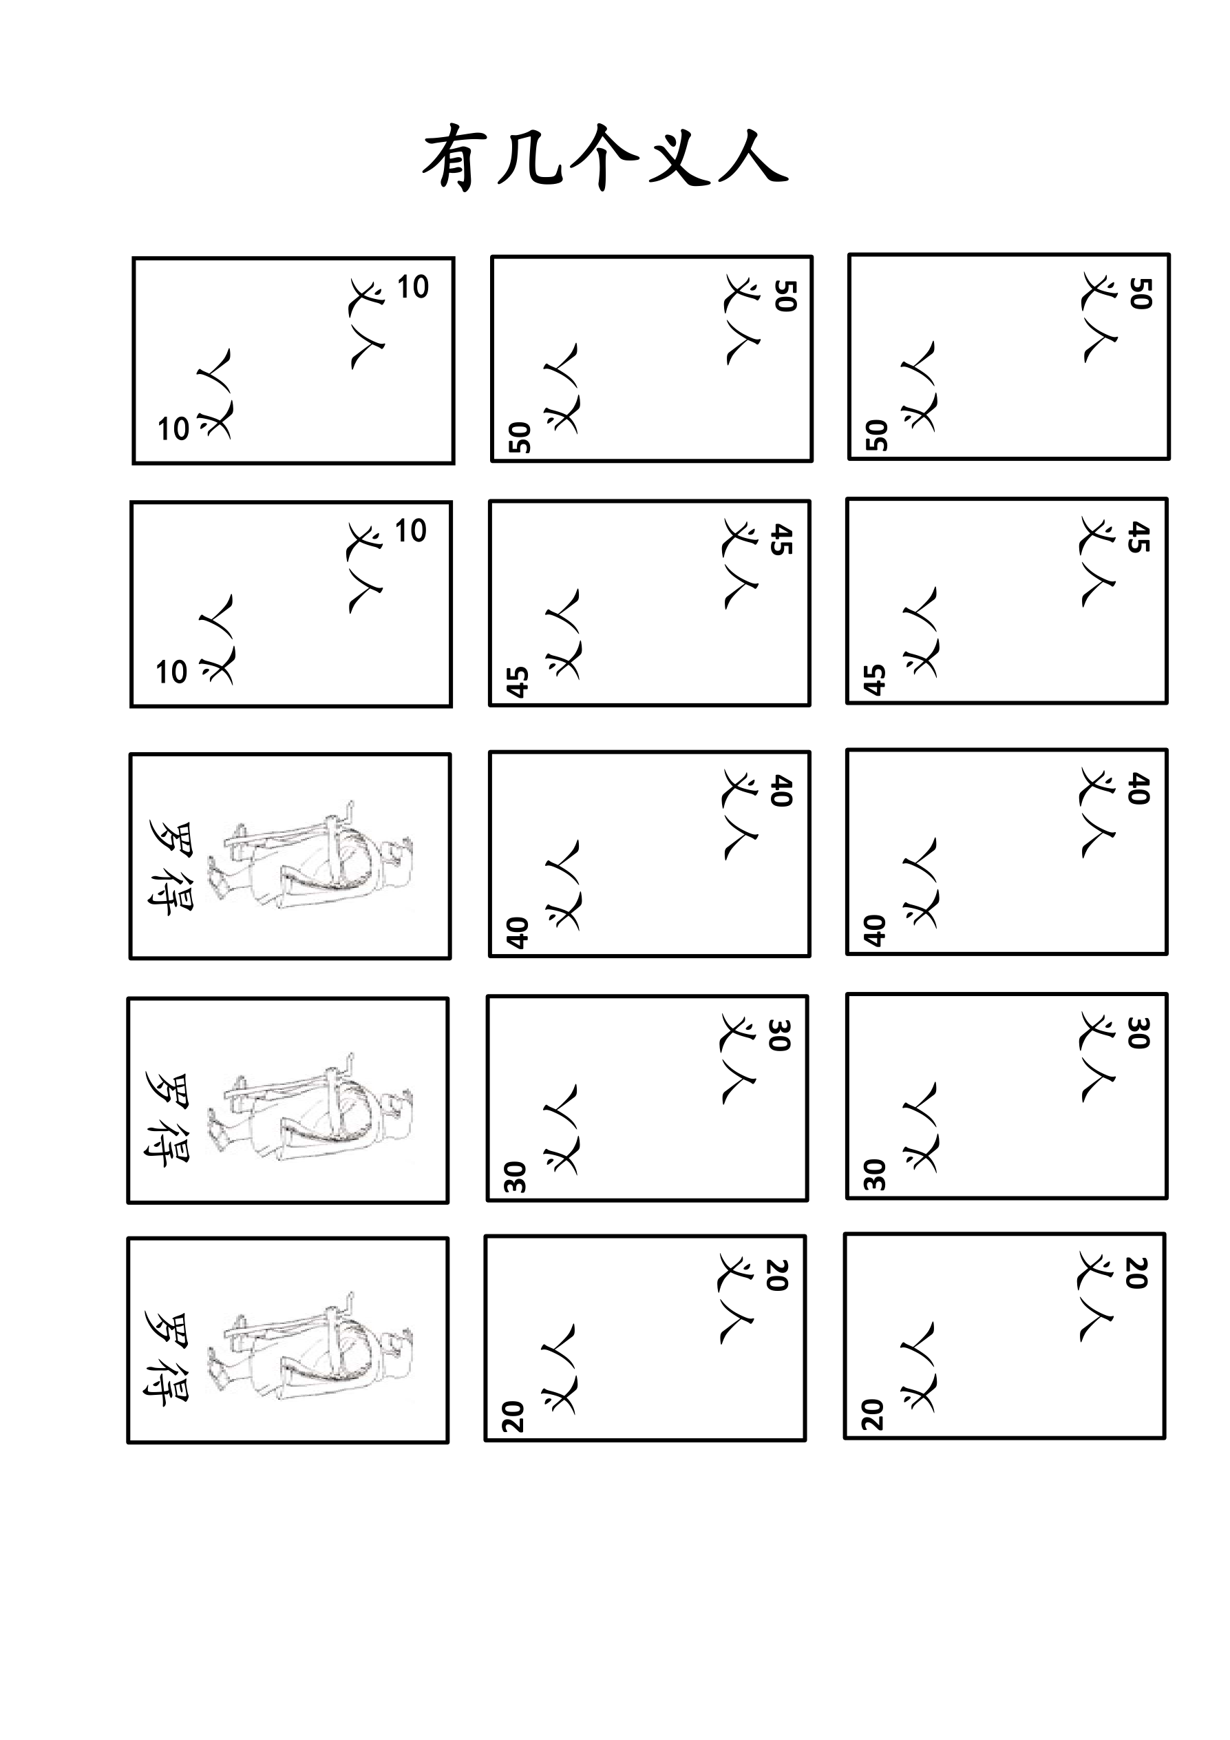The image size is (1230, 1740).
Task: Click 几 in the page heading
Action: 529,158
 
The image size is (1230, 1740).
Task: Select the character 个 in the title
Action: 604,158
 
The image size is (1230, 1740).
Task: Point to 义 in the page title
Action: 678,158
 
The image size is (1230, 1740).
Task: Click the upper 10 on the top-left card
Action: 413,287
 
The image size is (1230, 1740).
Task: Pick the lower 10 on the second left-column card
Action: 171,672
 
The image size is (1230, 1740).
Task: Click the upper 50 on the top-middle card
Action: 785,296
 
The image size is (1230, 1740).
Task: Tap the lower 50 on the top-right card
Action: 876,435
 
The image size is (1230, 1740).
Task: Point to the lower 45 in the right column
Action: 874,680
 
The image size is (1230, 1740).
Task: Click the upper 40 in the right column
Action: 1138,788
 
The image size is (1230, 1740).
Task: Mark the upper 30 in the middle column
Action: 779,1035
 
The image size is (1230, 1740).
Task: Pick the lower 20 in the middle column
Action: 513,1416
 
